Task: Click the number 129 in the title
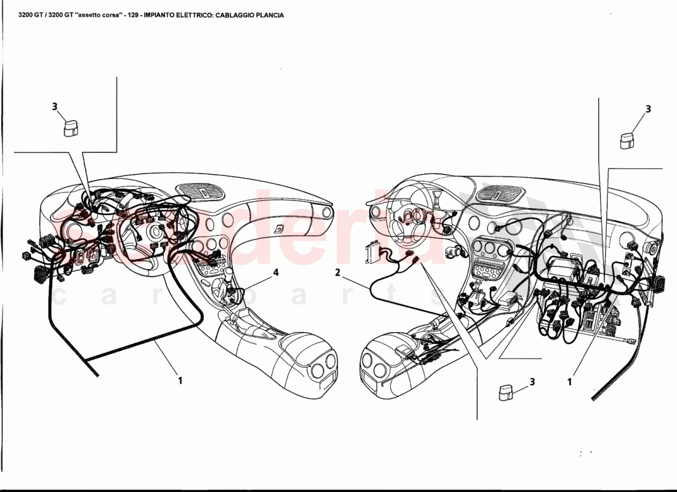(132, 15)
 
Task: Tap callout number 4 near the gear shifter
(276, 272)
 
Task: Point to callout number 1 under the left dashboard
(180, 381)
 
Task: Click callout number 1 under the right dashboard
(570, 381)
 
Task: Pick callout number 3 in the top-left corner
(55, 106)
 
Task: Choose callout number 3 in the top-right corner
(647, 109)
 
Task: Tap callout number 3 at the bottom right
(532, 381)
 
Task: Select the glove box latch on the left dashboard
(280, 229)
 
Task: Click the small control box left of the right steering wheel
(371, 252)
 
